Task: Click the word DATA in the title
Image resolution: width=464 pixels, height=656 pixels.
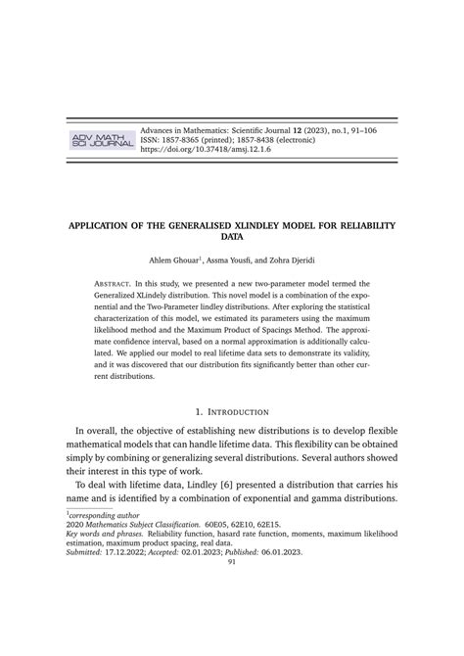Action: tap(232, 237)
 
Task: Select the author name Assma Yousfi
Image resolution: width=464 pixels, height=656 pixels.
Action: tap(232, 260)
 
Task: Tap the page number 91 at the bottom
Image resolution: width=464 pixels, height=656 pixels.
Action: tap(232, 561)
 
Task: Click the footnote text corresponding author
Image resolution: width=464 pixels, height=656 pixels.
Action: tap(107, 512)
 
